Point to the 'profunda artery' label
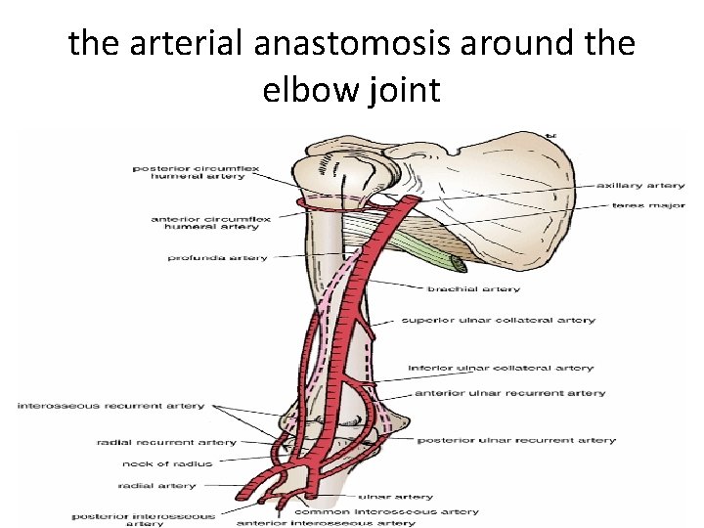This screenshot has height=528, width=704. pos(216,258)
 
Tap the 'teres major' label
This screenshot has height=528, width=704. pos(648,205)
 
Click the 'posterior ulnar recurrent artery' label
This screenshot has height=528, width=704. pos(516,440)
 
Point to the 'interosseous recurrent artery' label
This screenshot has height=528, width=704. pos(110,406)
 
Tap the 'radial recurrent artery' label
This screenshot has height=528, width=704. pos(166,443)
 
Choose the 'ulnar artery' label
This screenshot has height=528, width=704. pos(396,497)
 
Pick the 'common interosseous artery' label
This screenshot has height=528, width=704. pos(387,511)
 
